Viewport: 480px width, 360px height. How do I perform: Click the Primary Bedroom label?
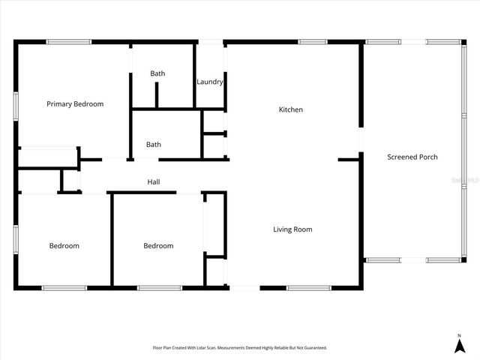click(75, 104)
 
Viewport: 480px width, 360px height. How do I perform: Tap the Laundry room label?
click(210, 82)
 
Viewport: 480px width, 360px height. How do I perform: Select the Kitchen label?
click(291, 110)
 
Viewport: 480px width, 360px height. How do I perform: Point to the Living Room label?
click(292, 229)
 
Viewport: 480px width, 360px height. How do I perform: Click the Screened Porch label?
click(412, 157)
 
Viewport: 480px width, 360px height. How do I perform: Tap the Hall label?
click(154, 182)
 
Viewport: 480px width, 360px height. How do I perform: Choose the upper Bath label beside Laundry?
click(157, 73)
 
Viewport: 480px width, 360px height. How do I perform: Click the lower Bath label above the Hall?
click(154, 145)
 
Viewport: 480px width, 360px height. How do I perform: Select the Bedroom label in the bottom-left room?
click(64, 246)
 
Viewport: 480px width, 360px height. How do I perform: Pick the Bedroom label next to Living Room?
click(158, 246)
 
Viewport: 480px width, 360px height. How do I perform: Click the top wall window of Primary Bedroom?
click(69, 41)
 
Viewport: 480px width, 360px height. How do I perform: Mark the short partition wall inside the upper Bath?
click(157, 96)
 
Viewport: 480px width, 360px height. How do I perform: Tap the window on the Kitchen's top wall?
click(313, 41)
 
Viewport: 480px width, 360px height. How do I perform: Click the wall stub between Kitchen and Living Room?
click(349, 159)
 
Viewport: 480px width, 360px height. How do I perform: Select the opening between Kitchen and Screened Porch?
click(361, 139)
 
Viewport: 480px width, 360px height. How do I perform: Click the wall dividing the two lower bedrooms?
click(112, 240)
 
